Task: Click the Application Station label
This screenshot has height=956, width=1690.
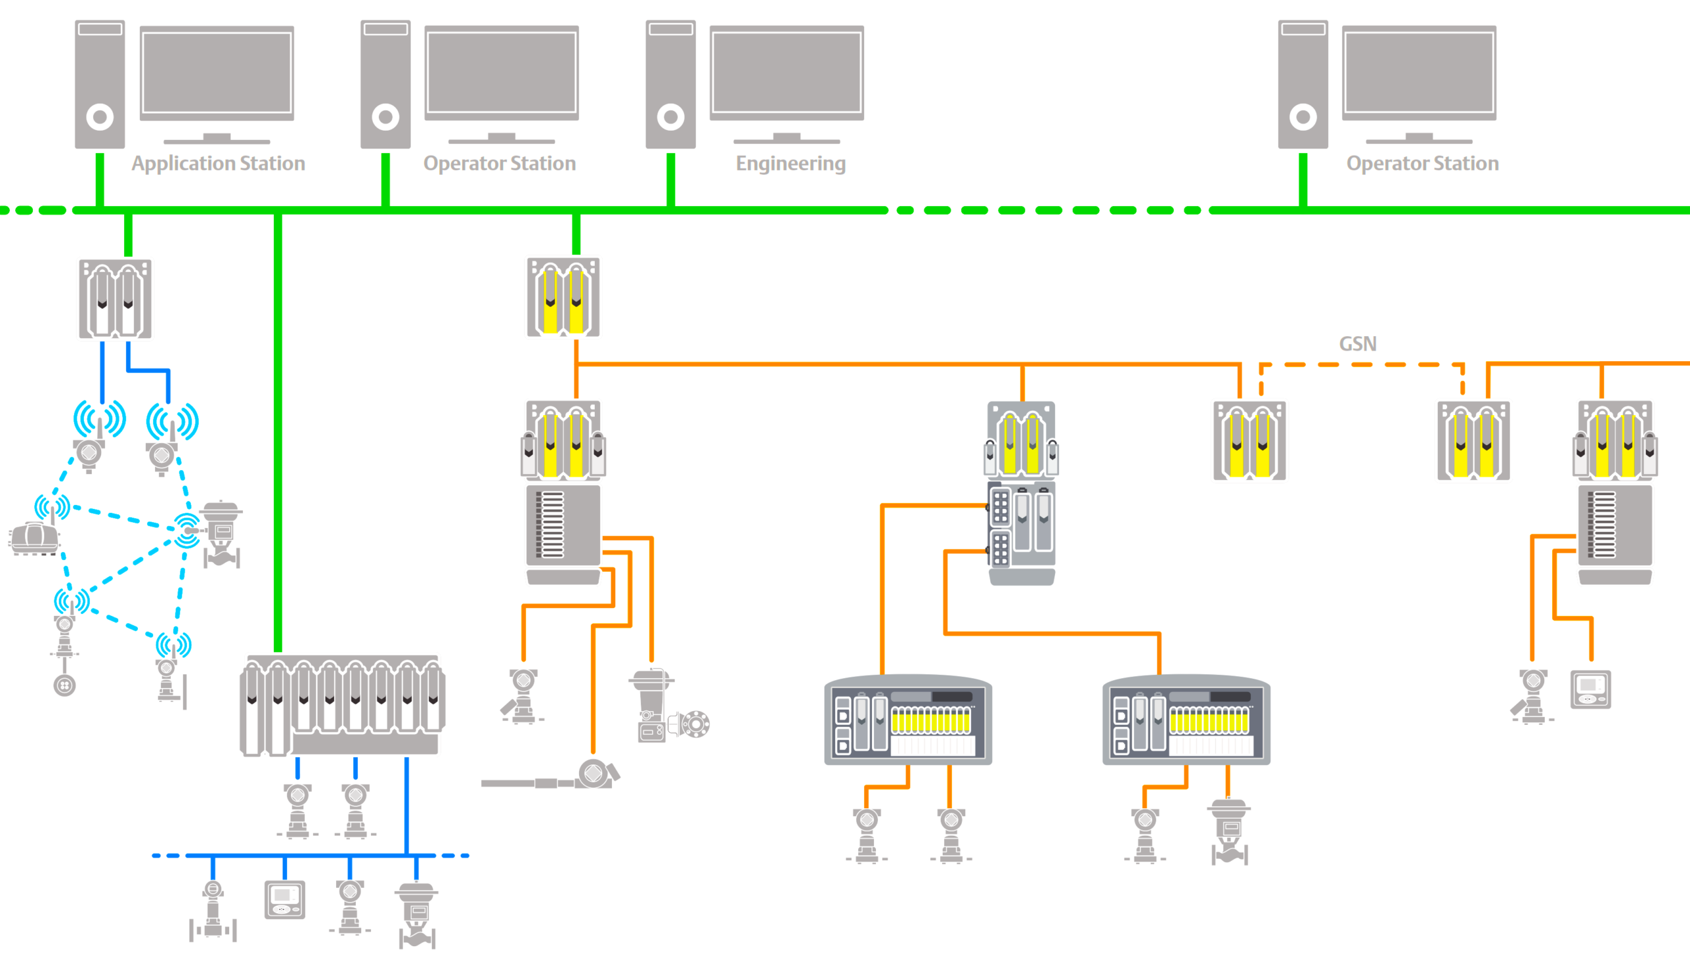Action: (x=218, y=163)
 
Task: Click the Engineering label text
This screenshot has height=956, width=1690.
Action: (x=790, y=163)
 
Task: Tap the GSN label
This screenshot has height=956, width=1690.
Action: (x=1357, y=344)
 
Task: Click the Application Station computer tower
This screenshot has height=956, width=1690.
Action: (x=100, y=84)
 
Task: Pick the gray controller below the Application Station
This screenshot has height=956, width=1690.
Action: (x=115, y=298)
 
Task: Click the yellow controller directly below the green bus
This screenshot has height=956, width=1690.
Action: (x=563, y=297)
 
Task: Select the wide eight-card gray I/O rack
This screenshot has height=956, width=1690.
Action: (x=341, y=705)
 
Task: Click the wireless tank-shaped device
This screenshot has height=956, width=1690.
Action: (x=34, y=538)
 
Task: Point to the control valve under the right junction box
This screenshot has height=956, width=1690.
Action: (x=1229, y=832)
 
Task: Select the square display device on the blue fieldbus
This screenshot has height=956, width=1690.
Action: (x=285, y=899)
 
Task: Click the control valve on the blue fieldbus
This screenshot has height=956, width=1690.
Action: (x=417, y=914)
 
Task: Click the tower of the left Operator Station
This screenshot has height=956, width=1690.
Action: (x=385, y=84)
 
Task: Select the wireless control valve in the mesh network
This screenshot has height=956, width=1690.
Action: (x=221, y=533)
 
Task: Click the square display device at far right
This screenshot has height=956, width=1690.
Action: (x=1590, y=689)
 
